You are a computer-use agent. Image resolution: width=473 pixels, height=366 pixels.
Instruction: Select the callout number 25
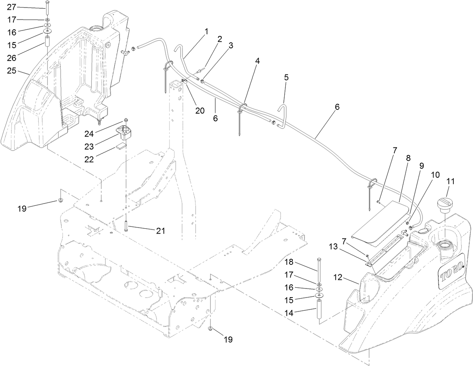(x=11, y=71)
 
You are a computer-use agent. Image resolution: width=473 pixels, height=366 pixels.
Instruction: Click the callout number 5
(x=287, y=77)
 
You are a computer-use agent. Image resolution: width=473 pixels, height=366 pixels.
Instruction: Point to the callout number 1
(x=206, y=32)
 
